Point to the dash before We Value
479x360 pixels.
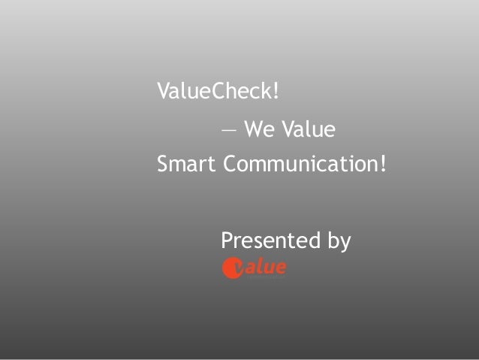point(227,131)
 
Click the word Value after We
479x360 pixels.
point(308,130)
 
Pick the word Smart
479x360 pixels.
point(185,163)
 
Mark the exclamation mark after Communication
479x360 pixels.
point(384,163)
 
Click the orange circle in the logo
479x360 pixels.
point(231,268)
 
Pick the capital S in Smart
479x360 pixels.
point(162,163)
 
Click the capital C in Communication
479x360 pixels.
point(230,163)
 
